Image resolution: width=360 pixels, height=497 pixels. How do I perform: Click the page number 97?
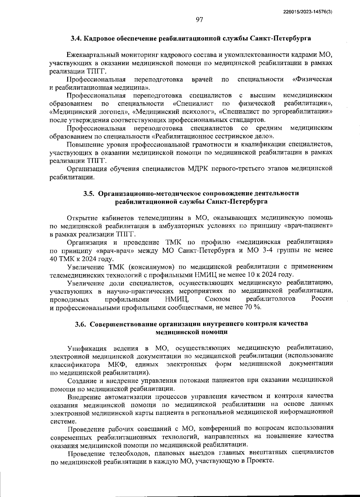199,20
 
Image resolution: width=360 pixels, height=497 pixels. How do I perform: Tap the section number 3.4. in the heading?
76,38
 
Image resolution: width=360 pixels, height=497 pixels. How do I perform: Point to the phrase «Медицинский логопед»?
89,112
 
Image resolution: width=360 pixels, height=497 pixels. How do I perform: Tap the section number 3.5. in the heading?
89,193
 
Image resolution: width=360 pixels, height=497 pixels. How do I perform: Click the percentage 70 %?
253,308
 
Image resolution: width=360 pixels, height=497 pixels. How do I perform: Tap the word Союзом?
218,299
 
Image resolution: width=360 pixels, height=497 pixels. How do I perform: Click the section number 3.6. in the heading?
81,324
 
